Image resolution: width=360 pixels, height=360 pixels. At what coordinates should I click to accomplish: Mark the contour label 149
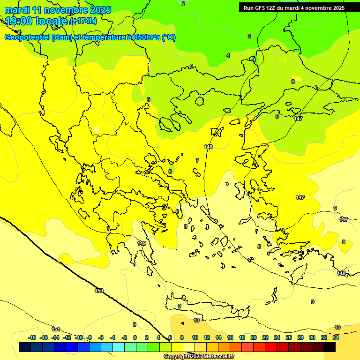coord(142,243)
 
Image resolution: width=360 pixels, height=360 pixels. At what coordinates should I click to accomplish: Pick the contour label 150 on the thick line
coord(99,291)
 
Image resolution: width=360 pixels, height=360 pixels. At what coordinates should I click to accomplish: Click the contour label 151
coord(56,329)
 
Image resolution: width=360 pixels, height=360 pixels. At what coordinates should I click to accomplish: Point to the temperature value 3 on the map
coord(249,36)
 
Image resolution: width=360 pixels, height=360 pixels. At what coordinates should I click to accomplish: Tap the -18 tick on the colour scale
coord(32,337)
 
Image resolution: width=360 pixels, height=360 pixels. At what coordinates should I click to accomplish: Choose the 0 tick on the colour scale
coord(135,337)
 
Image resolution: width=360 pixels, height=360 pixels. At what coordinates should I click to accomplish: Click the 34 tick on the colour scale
coord(336,337)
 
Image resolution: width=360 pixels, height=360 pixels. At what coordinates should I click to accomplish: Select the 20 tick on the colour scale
coord(254,337)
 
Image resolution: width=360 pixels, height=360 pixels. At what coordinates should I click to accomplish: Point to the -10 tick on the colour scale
coord(79,337)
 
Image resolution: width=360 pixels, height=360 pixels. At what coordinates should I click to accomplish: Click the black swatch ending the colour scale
coord(330,347)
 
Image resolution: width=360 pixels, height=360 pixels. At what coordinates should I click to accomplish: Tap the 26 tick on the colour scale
coord(289,337)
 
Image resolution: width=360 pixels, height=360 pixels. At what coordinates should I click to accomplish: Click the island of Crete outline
coord(206,310)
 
